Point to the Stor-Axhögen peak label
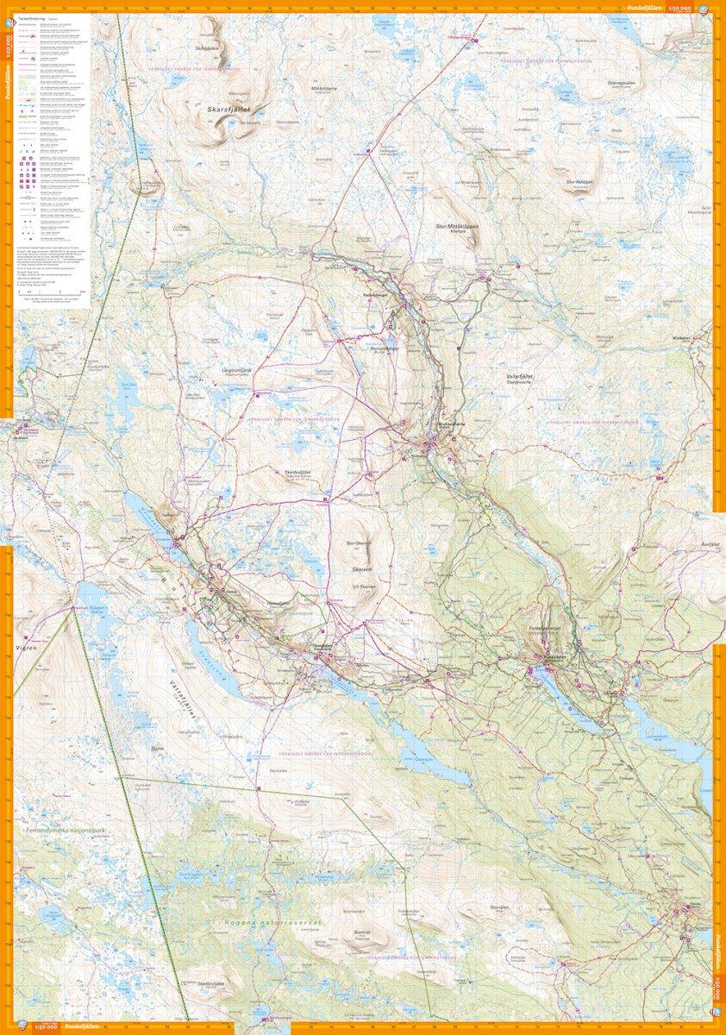pyautogui.click(x=581, y=183)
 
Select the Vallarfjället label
pyautogui.click(x=523, y=377)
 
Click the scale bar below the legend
pyautogui.click(x=53, y=294)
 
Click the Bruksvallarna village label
pyautogui.click(x=447, y=424)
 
